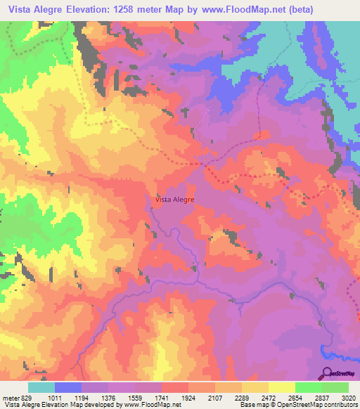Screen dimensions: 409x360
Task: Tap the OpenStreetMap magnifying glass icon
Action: click(x=328, y=373)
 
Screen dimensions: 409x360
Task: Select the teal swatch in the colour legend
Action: click(x=41, y=387)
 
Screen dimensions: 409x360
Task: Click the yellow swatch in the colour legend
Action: click(x=281, y=387)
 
